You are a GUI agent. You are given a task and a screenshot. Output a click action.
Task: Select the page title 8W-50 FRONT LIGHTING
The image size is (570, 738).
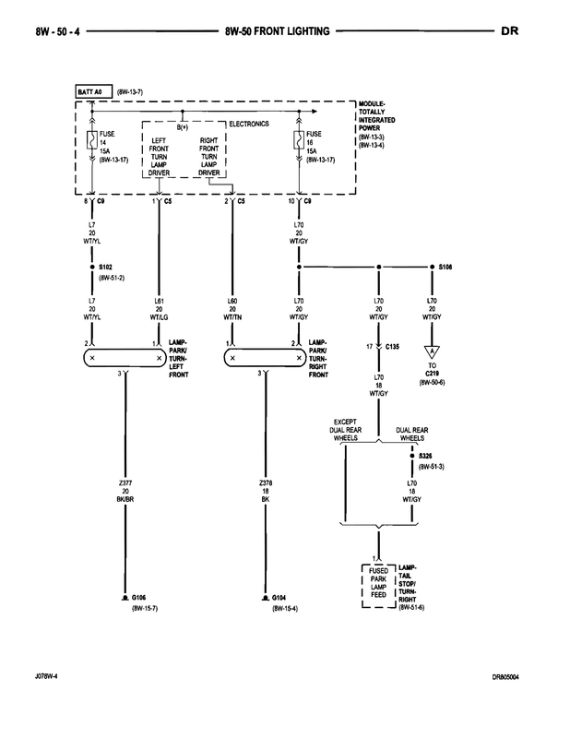point(277,31)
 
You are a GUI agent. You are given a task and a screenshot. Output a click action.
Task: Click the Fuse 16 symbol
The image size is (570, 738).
point(298,140)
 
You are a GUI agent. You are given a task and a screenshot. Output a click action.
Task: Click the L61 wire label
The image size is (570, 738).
point(158,301)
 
